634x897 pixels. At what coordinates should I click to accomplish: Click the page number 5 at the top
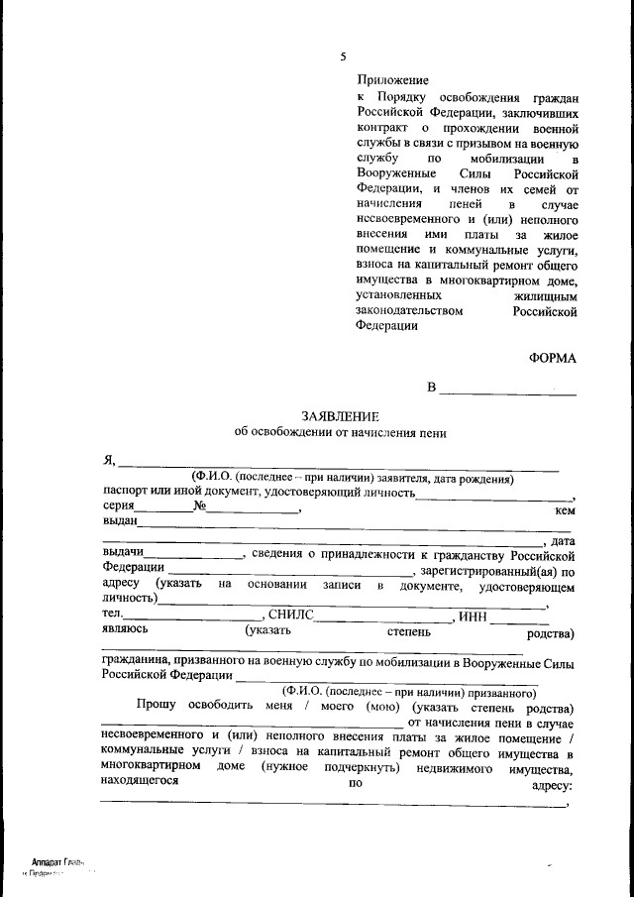(x=343, y=56)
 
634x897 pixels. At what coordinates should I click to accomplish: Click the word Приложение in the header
(x=392, y=80)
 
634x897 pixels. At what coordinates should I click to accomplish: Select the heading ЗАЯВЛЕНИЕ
(x=340, y=416)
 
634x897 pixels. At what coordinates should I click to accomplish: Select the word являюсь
(x=126, y=630)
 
